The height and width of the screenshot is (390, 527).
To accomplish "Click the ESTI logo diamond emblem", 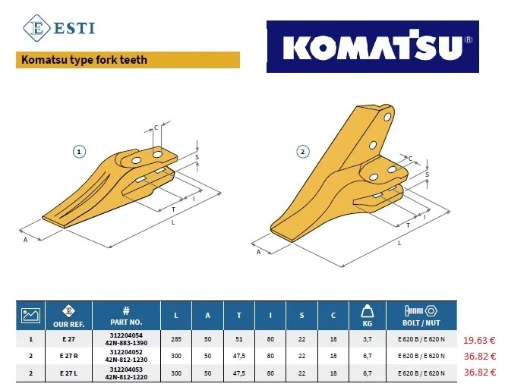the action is point(36,28).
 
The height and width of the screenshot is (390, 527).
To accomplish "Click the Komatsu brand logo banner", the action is point(373,46).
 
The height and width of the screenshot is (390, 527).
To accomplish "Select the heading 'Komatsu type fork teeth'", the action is point(84,60).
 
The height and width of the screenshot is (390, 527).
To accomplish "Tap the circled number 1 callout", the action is point(79,152).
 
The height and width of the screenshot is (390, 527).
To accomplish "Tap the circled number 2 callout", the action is point(303,152).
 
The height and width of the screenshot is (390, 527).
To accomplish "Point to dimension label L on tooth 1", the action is point(173,222).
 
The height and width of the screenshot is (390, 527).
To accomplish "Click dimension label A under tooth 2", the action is point(258,252).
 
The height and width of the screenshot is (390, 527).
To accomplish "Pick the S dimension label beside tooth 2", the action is point(428,175).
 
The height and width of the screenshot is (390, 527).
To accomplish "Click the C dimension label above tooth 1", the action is point(156,127).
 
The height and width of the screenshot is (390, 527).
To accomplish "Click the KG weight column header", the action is point(368,316).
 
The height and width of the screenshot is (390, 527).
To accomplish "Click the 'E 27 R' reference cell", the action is point(68,356).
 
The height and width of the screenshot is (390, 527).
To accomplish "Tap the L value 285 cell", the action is point(176,339).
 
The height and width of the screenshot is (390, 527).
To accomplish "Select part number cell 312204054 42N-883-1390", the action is point(126,339).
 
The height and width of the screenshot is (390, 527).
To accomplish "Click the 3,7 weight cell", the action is point(368,339).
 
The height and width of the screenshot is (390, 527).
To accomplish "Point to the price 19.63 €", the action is point(479,340).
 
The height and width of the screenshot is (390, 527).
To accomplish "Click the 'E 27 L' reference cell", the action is point(68,373).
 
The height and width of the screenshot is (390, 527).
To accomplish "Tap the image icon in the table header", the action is point(30,316).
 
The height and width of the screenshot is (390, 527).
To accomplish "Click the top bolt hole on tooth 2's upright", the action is point(387,117).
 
